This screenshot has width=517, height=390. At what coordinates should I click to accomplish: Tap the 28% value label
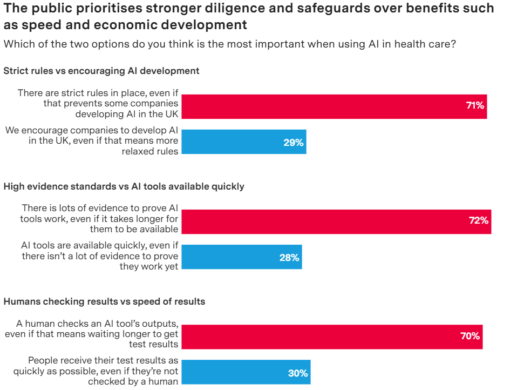point(289,258)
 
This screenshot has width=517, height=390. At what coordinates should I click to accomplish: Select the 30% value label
point(298,373)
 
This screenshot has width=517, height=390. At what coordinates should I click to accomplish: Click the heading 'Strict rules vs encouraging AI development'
point(101,71)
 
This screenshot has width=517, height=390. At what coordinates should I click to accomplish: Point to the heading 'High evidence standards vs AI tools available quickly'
point(124,186)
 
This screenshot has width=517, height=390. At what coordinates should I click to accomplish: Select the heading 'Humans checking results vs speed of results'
point(104,301)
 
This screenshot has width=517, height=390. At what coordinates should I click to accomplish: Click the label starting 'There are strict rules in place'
point(98,103)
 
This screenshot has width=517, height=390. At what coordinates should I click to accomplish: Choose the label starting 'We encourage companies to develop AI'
point(92,141)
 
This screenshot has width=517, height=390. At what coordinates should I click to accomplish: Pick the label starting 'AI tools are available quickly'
point(100,256)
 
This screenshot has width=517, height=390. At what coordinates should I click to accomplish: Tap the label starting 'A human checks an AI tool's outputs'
point(92,334)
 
